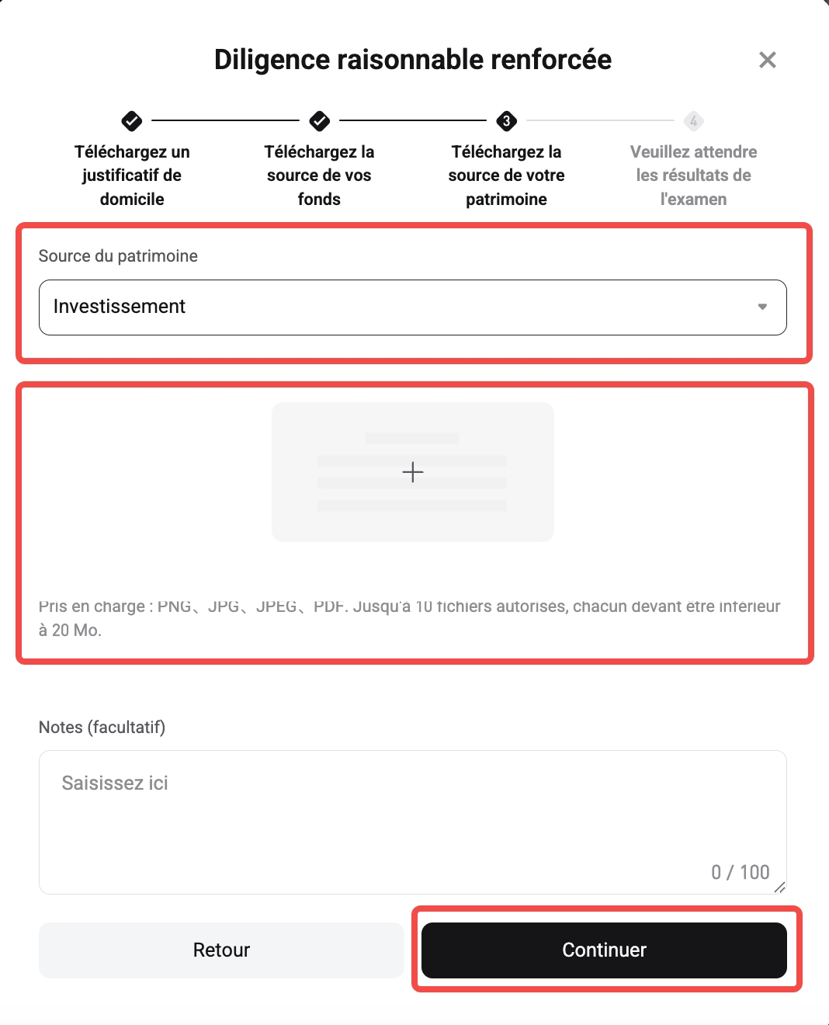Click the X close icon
tap(767, 60)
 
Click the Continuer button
tap(604, 950)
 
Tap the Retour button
tap(221, 950)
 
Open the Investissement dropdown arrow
tap(762, 307)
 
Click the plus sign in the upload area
tap(413, 471)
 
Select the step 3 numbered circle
tap(507, 121)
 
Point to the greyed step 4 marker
tap(693, 121)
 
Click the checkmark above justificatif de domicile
tap(132, 121)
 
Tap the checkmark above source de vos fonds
tap(319, 121)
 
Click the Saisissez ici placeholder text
tap(115, 783)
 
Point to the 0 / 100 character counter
tap(740, 872)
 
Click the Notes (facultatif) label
tap(102, 727)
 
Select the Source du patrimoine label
tap(118, 256)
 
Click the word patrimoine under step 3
tap(506, 200)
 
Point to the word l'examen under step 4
tap(693, 200)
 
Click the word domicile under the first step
tap(132, 200)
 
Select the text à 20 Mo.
tap(70, 630)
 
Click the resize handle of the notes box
tap(780, 888)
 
